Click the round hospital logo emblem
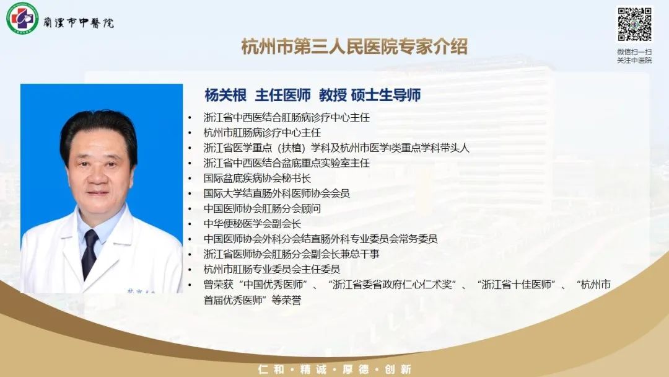click(22, 18)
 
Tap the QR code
click(634, 24)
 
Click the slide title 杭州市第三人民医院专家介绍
click(354, 47)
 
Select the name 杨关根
click(225, 95)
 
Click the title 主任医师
click(282, 95)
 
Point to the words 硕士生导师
click(386, 95)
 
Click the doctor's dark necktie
click(90, 253)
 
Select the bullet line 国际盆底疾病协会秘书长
click(257, 178)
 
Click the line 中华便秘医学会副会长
click(252, 223)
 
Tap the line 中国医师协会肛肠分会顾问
click(262, 208)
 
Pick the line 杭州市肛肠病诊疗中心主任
click(262, 132)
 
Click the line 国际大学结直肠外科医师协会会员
click(276, 193)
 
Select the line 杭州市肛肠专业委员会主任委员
click(272, 269)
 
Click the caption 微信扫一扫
click(634, 51)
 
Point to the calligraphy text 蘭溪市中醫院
click(79, 22)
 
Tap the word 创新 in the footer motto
click(398, 370)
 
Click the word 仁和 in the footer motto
click(271, 370)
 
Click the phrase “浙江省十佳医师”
click(518, 285)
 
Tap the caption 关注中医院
click(634, 60)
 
